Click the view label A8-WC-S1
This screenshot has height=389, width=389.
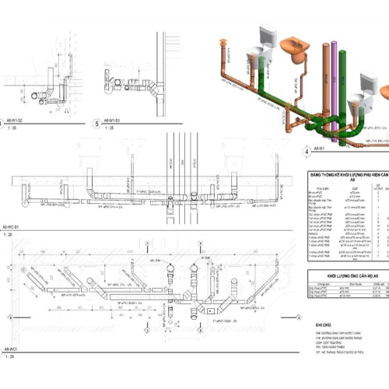point(12,226)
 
